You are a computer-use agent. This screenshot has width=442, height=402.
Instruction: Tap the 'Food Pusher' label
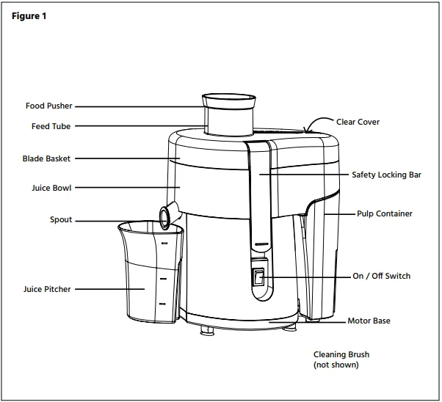tap(49, 106)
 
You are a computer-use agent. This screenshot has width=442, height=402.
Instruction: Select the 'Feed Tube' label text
tap(51, 126)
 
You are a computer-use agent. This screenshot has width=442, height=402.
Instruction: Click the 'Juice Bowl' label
tap(51, 188)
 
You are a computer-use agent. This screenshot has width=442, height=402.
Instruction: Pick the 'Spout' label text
tap(61, 220)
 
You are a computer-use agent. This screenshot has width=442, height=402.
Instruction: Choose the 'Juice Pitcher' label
tap(47, 289)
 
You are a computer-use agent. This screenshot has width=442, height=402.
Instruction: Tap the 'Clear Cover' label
tap(358, 122)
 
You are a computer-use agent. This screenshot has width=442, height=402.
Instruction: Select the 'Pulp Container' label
tap(384, 214)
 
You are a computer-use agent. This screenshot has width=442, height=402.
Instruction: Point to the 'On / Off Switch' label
tap(381, 277)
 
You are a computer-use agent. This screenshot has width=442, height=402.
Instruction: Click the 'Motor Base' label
tap(369, 321)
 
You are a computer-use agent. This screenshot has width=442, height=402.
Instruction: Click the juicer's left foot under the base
tap(206, 331)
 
